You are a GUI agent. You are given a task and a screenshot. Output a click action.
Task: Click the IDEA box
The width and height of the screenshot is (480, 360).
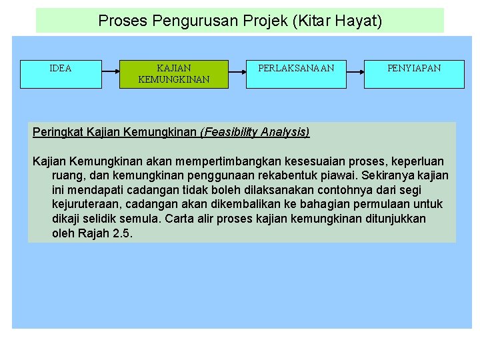click(x=61, y=74)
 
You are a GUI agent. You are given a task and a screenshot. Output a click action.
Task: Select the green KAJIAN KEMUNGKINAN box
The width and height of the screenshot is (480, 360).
click(x=173, y=74)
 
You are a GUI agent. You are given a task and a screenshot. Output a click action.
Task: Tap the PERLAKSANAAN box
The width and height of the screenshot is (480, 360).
click(x=296, y=74)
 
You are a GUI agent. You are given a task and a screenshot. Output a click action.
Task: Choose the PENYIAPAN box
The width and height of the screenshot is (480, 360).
click(x=414, y=74)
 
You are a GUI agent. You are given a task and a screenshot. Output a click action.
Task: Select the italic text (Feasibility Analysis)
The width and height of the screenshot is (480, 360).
click(x=255, y=131)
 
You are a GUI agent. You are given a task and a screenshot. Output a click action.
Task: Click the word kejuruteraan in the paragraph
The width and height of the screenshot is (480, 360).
click(x=86, y=204)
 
